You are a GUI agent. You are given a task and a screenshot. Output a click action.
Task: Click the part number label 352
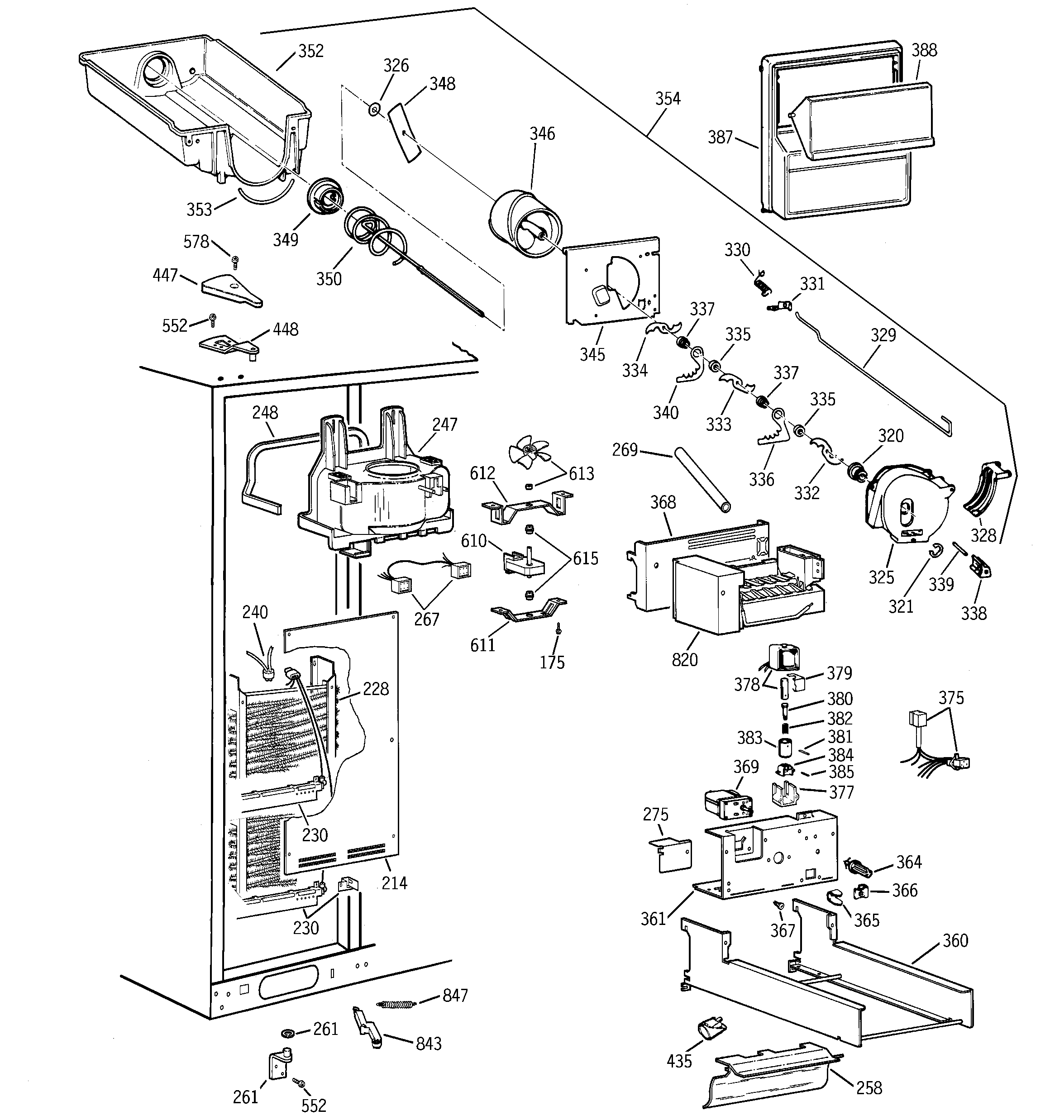point(310,51)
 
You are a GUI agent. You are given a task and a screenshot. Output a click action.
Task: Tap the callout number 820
point(684,659)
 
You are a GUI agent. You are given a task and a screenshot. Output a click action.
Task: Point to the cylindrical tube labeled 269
point(702,480)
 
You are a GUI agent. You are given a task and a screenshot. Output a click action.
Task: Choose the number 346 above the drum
point(542,133)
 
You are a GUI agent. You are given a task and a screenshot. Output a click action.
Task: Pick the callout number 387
point(720,137)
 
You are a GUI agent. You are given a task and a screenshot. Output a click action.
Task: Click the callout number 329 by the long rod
point(883,335)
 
